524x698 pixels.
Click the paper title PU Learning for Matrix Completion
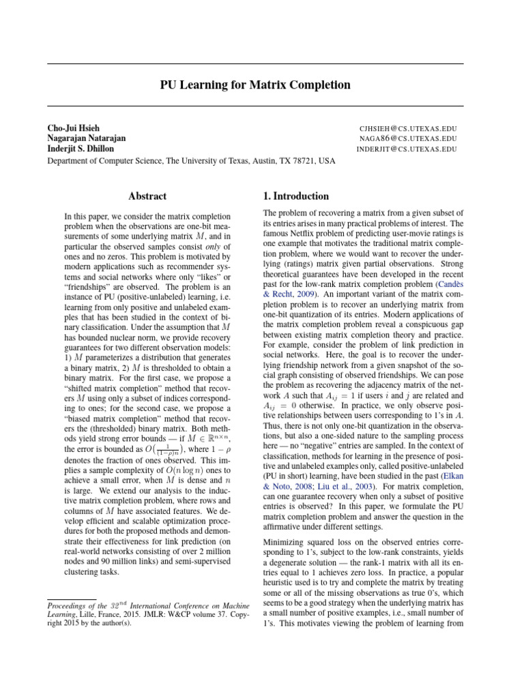click(255, 85)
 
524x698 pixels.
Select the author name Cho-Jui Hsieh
click(73, 127)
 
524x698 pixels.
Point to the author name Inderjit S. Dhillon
click(81, 149)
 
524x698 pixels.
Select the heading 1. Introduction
click(295, 196)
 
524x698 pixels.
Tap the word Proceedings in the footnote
click(70, 604)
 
